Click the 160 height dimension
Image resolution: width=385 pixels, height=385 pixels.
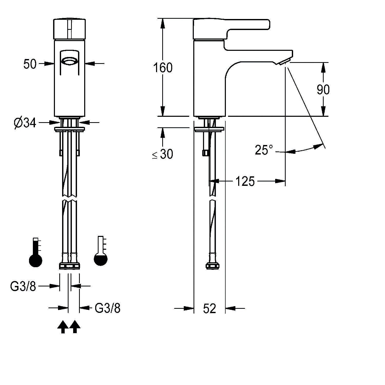point(163,68)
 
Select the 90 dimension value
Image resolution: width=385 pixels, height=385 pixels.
point(323,90)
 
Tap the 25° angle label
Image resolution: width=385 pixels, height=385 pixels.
point(264,150)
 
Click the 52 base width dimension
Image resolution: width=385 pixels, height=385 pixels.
point(209,308)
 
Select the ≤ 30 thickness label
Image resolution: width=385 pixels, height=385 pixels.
point(163,154)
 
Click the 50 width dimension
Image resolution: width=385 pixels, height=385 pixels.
point(30,64)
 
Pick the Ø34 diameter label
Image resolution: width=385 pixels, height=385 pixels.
point(25,123)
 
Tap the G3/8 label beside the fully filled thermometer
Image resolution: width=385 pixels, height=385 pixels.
point(23,286)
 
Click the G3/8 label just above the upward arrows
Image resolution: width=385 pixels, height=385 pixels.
point(108,308)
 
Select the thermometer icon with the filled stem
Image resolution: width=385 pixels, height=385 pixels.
point(36,253)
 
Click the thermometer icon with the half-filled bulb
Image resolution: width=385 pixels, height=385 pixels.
point(101,251)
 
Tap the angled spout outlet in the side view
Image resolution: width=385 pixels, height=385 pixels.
point(285,62)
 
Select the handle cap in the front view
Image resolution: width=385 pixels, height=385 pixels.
point(69,29)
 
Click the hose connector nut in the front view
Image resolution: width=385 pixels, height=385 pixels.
point(69,266)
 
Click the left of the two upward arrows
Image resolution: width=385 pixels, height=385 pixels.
point(63,326)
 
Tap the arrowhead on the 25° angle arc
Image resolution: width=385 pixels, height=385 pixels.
point(319,146)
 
